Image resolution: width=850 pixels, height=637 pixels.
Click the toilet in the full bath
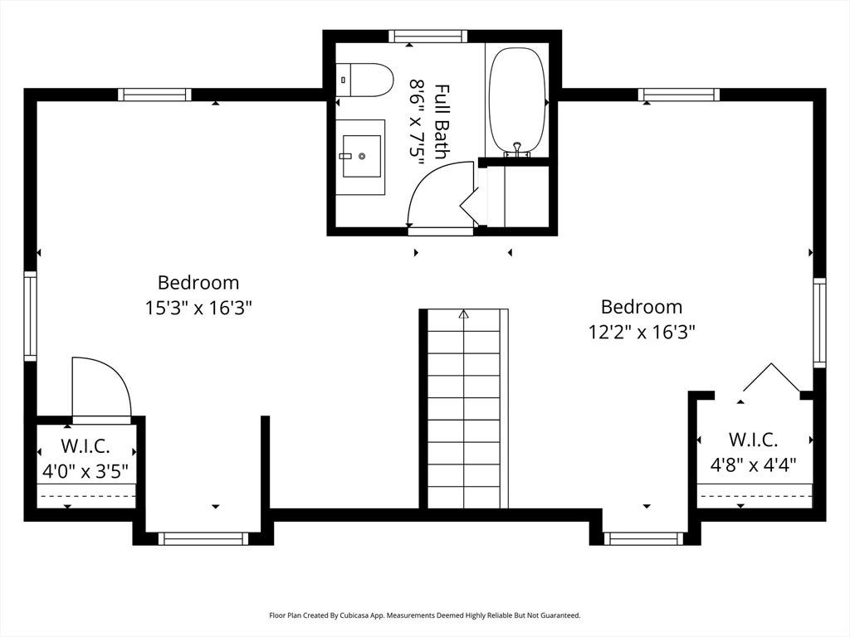(364, 80)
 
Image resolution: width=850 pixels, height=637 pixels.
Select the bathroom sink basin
(362, 156)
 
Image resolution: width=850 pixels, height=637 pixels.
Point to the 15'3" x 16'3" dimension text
(198, 309)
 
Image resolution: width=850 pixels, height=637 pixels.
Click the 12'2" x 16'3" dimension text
(642, 332)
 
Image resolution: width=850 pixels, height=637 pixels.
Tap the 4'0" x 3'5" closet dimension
(85, 471)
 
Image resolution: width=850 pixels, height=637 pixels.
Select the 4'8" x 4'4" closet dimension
(753, 464)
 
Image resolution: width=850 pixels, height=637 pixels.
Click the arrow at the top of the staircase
(463, 314)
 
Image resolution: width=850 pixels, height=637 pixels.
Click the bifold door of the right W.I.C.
(771, 377)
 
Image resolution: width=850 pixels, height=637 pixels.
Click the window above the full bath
(427, 36)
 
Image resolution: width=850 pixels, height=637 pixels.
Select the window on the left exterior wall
(31, 316)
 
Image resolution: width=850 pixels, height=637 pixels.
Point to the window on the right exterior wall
(819, 323)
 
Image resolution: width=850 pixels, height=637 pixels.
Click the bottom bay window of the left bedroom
(203, 538)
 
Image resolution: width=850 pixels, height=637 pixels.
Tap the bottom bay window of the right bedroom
(643, 538)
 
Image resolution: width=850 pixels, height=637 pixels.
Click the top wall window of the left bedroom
(155, 95)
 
